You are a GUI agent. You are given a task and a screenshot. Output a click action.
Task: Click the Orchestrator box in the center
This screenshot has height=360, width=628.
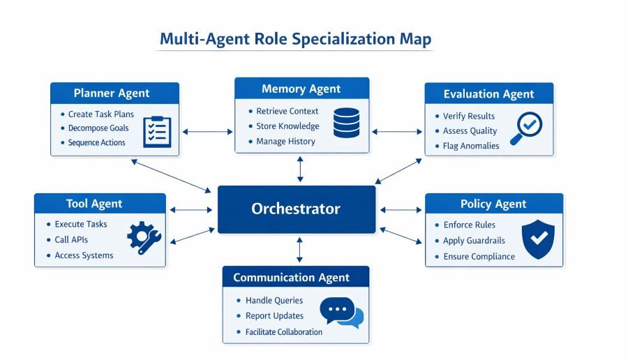(x=297, y=209)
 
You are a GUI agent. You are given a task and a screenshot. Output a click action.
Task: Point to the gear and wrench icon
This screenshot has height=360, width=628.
(x=144, y=237)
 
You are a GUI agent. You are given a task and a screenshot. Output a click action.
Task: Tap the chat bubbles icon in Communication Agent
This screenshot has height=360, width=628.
(x=342, y=313)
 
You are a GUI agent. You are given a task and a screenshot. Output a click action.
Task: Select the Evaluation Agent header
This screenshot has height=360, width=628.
(x=488, y=93)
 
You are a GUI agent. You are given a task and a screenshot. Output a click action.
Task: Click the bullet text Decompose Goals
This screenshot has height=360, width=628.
(x=98, y=128)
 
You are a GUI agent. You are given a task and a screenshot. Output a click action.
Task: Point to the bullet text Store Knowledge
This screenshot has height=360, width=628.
(x=287, y=126)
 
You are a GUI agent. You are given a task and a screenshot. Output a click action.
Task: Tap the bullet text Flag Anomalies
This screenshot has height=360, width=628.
(x=471, y=146)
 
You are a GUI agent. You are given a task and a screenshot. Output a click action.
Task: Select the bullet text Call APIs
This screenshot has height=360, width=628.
(x=71, y=240)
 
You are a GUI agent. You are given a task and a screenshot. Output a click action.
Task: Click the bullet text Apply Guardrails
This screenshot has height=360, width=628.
(x=474, y=241)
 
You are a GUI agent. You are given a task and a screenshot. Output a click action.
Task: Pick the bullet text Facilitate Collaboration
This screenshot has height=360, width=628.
(x=284, y=332)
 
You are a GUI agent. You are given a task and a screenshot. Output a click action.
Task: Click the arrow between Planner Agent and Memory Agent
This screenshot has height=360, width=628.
(x=207, y=130)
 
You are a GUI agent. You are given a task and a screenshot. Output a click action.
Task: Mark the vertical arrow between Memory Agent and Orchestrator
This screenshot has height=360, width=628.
(x=300, y=169)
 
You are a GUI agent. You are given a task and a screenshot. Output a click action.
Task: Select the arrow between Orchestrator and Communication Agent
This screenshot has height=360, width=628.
(x=300, y=249)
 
